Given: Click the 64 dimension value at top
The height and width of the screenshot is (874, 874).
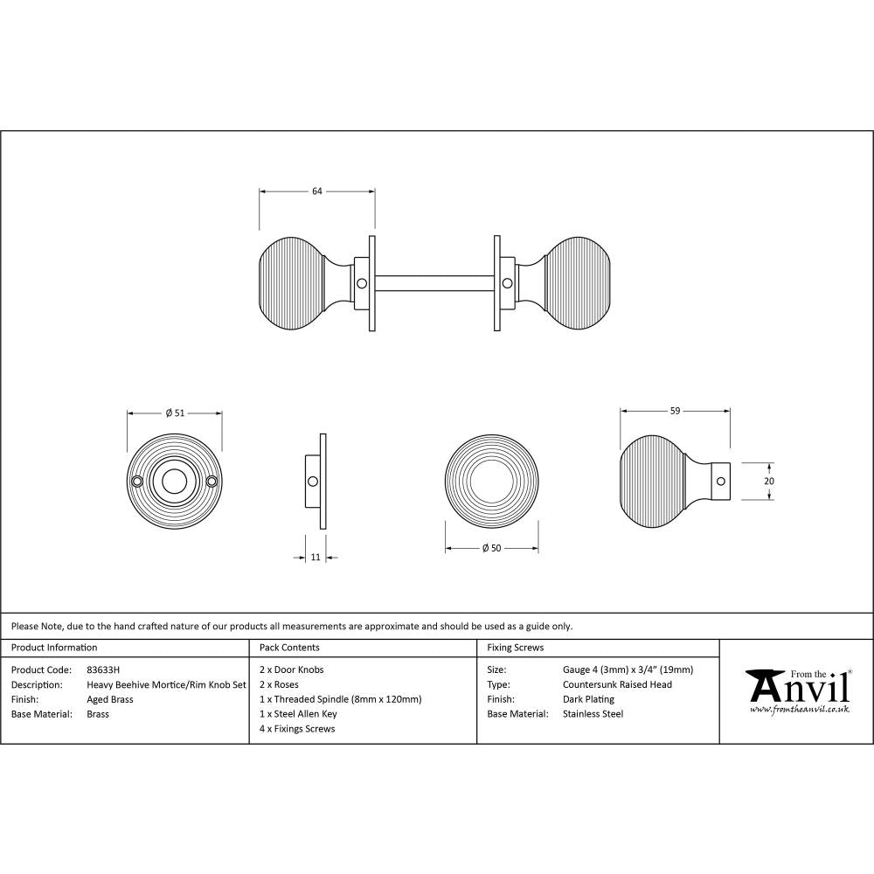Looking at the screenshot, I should (x=317, y=191).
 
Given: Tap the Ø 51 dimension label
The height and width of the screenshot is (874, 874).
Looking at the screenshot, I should (x=175, y=413).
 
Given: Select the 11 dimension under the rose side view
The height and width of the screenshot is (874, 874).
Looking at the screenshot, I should (x=316, y=557).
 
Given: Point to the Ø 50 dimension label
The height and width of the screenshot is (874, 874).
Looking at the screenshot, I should (x=491, y=548).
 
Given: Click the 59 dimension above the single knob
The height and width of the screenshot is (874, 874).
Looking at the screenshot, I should (x=675, y=410).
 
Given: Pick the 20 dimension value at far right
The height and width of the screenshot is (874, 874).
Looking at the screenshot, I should (x=768, y=481).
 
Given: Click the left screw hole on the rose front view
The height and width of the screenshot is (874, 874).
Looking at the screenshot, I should (x=137, y=481).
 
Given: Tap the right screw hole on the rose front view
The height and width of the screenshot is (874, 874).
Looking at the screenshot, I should (x=212, y=481).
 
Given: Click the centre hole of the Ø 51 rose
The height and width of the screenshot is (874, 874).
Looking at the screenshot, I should (x=175, y=481).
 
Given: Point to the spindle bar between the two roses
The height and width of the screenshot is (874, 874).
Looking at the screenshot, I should (x=434, y=283).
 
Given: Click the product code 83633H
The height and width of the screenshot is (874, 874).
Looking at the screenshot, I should (x=104, y=670).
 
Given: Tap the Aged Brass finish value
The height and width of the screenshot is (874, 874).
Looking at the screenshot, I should (x=110, y=699).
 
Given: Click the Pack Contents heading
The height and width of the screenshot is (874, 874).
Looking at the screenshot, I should (x=289, y=648).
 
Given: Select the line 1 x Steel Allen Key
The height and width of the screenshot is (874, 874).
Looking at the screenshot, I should (x=298, y=714).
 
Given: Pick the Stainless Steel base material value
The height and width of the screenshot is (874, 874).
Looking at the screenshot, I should (x=593, y=714).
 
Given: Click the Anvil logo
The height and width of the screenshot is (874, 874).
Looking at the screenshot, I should (x=797, y=690).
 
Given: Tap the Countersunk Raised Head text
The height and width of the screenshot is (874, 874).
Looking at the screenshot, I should (x=618, y=684).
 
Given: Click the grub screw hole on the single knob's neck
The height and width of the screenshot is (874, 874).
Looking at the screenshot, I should (x=719, y=481).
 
